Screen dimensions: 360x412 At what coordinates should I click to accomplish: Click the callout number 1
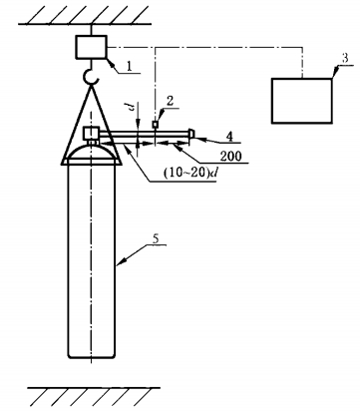tap(129, 66)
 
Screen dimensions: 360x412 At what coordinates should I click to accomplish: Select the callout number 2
tap(170, 101)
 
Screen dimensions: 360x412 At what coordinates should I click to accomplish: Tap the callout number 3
tap(345, 58)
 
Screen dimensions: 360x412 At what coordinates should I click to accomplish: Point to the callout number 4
tap(230, 136)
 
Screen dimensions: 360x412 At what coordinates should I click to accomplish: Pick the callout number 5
tap(156, 238)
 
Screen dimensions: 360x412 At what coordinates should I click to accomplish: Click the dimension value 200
tap(231, 157)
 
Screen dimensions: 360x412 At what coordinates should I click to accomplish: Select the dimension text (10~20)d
tap(189, 174)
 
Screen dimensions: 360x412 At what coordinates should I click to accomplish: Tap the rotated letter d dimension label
tap(132, 107)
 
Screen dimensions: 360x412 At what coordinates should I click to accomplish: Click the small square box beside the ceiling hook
tap(92, 47)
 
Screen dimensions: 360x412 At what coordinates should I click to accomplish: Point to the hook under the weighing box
tap(91, 76)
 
